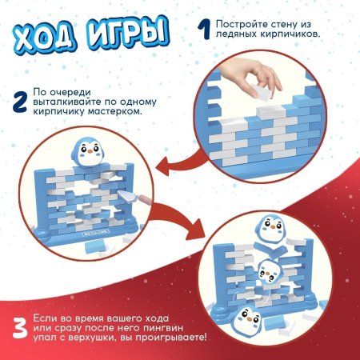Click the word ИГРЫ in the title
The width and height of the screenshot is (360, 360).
point(126,34)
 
